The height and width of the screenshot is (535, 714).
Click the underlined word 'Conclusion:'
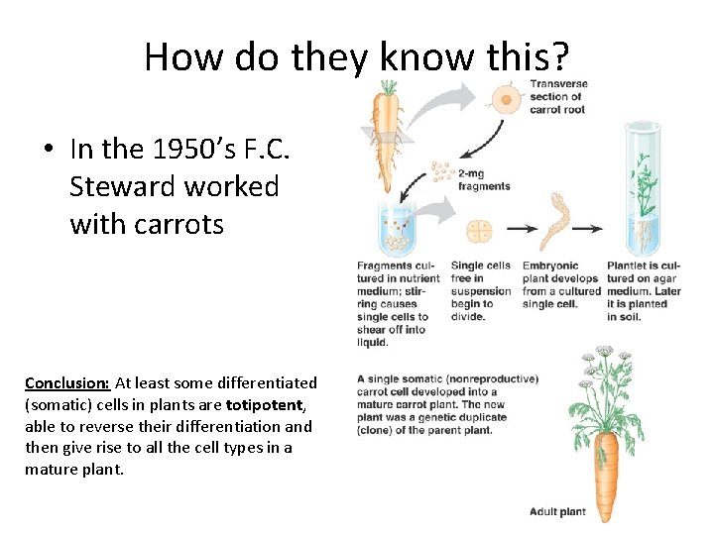(67, 382)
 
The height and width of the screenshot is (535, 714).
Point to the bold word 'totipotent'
(265, 404)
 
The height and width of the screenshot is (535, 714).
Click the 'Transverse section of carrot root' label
(557, 96)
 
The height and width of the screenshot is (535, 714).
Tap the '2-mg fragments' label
(484, 179)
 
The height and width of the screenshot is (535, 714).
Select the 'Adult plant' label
(557, 512)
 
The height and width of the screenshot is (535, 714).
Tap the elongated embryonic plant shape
(551, 224)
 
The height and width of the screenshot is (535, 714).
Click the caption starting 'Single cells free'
(480, 291)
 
